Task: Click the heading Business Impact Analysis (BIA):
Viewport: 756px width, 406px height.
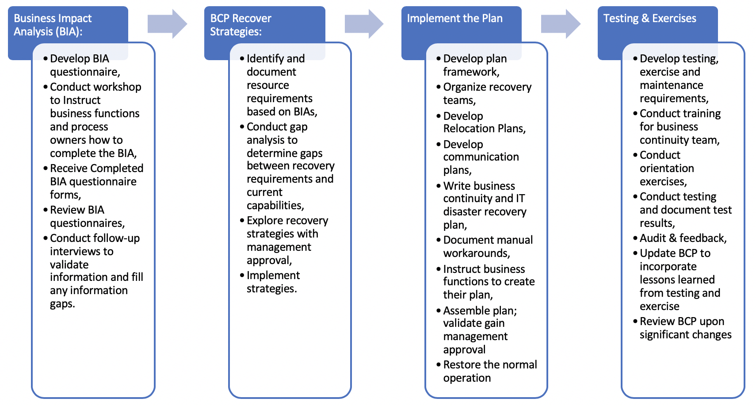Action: pyautogui.click(x=53, y=25)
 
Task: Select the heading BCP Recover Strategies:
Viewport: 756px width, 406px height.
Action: pyautogui.click(x=241, y=25)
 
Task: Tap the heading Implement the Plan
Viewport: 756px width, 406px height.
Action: pyautogui.click(x=454, y=19)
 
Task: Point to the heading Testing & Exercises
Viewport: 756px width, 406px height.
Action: pyautogui.click(x=649, y=19)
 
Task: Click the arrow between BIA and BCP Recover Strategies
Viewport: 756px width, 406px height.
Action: pyautogui.click(x=167, y=24)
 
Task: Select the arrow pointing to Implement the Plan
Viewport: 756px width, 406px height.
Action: pyautogui.click(x=363, y=24)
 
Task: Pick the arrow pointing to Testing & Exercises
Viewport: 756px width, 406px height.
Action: pyautogui.click(x=560, y=24)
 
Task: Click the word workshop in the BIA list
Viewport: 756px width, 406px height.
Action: pyautogui.click(x=120, y=87)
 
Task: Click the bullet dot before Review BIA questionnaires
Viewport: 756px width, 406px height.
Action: pyautogui.click(x=46, y=211)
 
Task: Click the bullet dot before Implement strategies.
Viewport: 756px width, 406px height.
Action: pyautogui.click(x=242, y=276)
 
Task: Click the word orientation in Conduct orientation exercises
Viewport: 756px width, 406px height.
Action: pyautogui.click(x=667, y=169)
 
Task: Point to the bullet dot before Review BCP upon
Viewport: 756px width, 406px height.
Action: pyautogui.click(x=635, y=322)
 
